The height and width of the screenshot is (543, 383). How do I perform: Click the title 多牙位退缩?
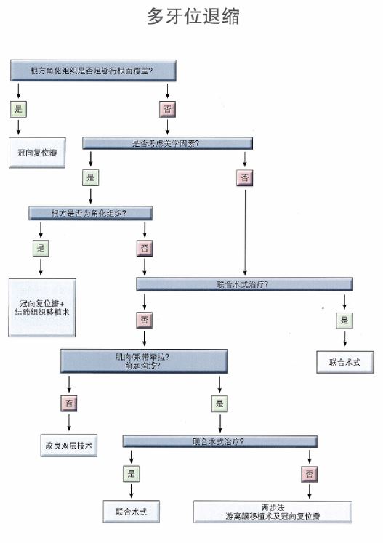[193, 17]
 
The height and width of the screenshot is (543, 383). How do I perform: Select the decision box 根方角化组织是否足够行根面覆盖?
[93, 71]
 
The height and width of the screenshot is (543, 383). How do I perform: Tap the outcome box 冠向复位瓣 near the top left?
[41, 153]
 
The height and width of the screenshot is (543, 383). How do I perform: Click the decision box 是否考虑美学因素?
[166, 143]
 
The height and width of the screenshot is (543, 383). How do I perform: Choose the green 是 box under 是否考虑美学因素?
[90, 177]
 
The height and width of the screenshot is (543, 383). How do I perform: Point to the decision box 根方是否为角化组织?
[91, 213]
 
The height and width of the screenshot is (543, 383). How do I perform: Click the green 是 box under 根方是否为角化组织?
[41, 249]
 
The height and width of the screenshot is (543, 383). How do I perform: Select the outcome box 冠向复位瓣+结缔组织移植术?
[42, 307]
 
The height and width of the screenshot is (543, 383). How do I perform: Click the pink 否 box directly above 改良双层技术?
[70, 403]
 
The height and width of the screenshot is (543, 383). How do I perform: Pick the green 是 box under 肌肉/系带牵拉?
[219, 403]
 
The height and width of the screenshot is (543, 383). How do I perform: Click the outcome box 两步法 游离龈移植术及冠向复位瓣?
[273, 511]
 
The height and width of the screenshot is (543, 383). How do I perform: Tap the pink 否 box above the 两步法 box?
[310, 474]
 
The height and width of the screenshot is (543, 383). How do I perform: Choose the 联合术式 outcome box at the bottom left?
[131, 511]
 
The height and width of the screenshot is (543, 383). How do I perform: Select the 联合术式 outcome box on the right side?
[344, 361]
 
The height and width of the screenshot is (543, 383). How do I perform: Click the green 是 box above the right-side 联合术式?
[344, 320]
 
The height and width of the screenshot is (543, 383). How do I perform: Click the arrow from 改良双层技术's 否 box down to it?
[70, 422]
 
